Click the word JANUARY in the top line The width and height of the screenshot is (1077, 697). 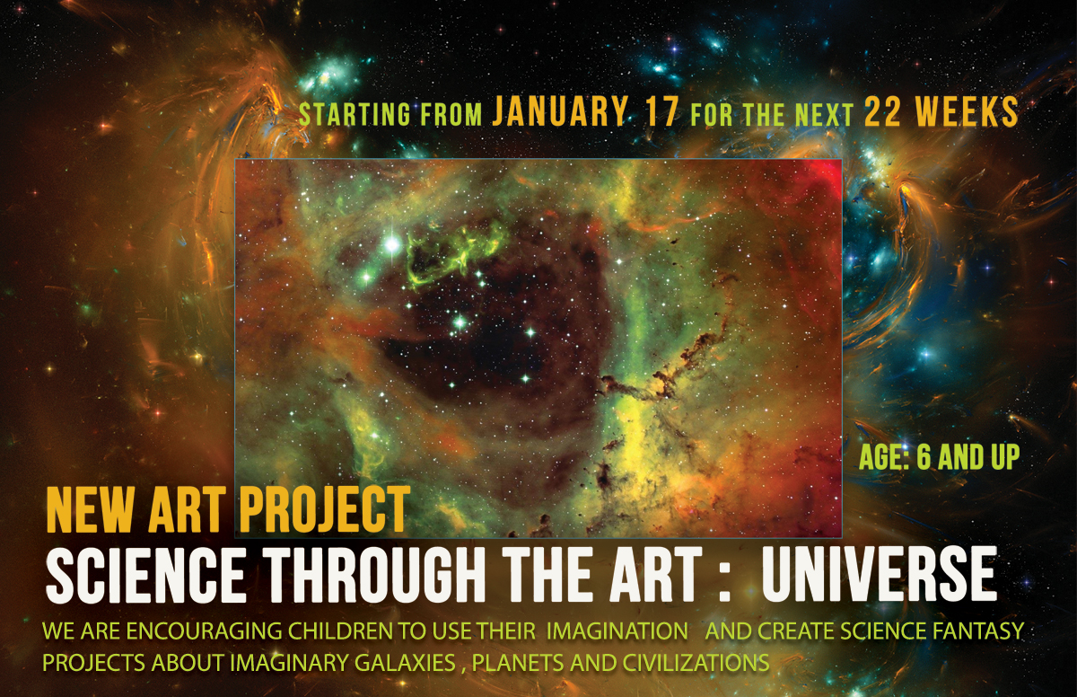pyautogui.click(x=560, y=110)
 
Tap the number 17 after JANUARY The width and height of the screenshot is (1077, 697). pyautogui.click(x=661, y=111)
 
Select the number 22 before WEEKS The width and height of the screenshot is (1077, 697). pyautogui.click(x=882, y=111)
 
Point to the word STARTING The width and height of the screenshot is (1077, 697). pyautogui.click(x=355, y=114)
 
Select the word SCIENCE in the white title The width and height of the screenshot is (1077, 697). pyautogui.click(x=145, y=575)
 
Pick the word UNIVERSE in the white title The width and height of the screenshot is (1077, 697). pyautogui.click(x=879, y=575)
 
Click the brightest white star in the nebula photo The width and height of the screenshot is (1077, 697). pyautogui.click(x=392, y=244)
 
